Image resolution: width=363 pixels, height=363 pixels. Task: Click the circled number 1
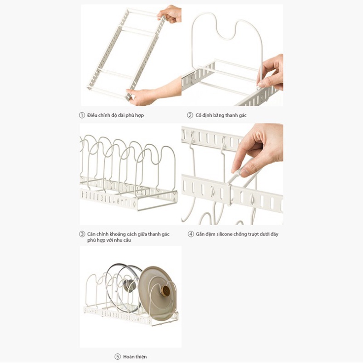point(82,115)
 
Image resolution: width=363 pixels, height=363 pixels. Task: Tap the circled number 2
point(190,115)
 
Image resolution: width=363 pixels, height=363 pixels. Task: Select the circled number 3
point(82,234)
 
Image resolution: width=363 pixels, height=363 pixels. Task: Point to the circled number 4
point(191,234)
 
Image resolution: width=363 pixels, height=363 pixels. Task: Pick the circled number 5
point(118,357)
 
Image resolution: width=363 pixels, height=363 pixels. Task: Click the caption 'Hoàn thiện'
point(135,357)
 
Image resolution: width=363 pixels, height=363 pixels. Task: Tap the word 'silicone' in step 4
point(222,234)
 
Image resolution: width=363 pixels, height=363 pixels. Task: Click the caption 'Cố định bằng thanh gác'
point(221,115)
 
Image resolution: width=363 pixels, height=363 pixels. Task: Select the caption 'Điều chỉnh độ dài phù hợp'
point(115,115)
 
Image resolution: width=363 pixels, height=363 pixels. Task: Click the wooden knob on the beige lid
point(166,290)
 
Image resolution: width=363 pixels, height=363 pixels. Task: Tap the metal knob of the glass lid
point(129,285)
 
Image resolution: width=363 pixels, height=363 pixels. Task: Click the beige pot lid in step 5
point(158,293)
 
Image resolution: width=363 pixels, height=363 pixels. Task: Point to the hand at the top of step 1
point(170,14)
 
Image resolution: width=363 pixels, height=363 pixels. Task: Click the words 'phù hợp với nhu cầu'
point(109,240)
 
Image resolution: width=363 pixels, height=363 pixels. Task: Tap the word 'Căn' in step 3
point(91,234)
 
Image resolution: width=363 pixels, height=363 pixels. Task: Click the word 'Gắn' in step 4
point(200,234)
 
